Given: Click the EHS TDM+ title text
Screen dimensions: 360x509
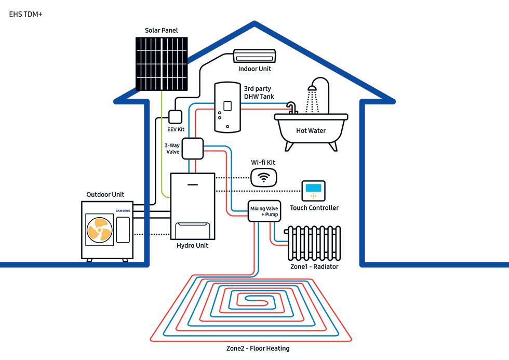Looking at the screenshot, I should coord(25,15).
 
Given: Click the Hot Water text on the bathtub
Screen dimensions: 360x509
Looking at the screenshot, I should coord(311,131).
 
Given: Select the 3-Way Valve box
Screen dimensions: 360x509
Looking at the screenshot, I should coord(191,148).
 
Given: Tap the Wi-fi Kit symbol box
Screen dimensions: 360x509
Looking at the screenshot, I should coord(264,178).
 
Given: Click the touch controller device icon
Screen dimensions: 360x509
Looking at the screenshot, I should coord(314,191).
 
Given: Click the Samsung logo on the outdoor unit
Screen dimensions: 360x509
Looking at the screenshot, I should coord(123,210).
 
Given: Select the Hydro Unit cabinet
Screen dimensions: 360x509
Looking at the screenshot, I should coord(193,206).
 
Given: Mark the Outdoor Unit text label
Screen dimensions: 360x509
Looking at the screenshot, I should coord(105,195).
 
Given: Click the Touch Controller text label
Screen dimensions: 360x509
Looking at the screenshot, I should coord(314,208).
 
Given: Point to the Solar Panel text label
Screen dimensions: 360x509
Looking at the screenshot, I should coord(162,31).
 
